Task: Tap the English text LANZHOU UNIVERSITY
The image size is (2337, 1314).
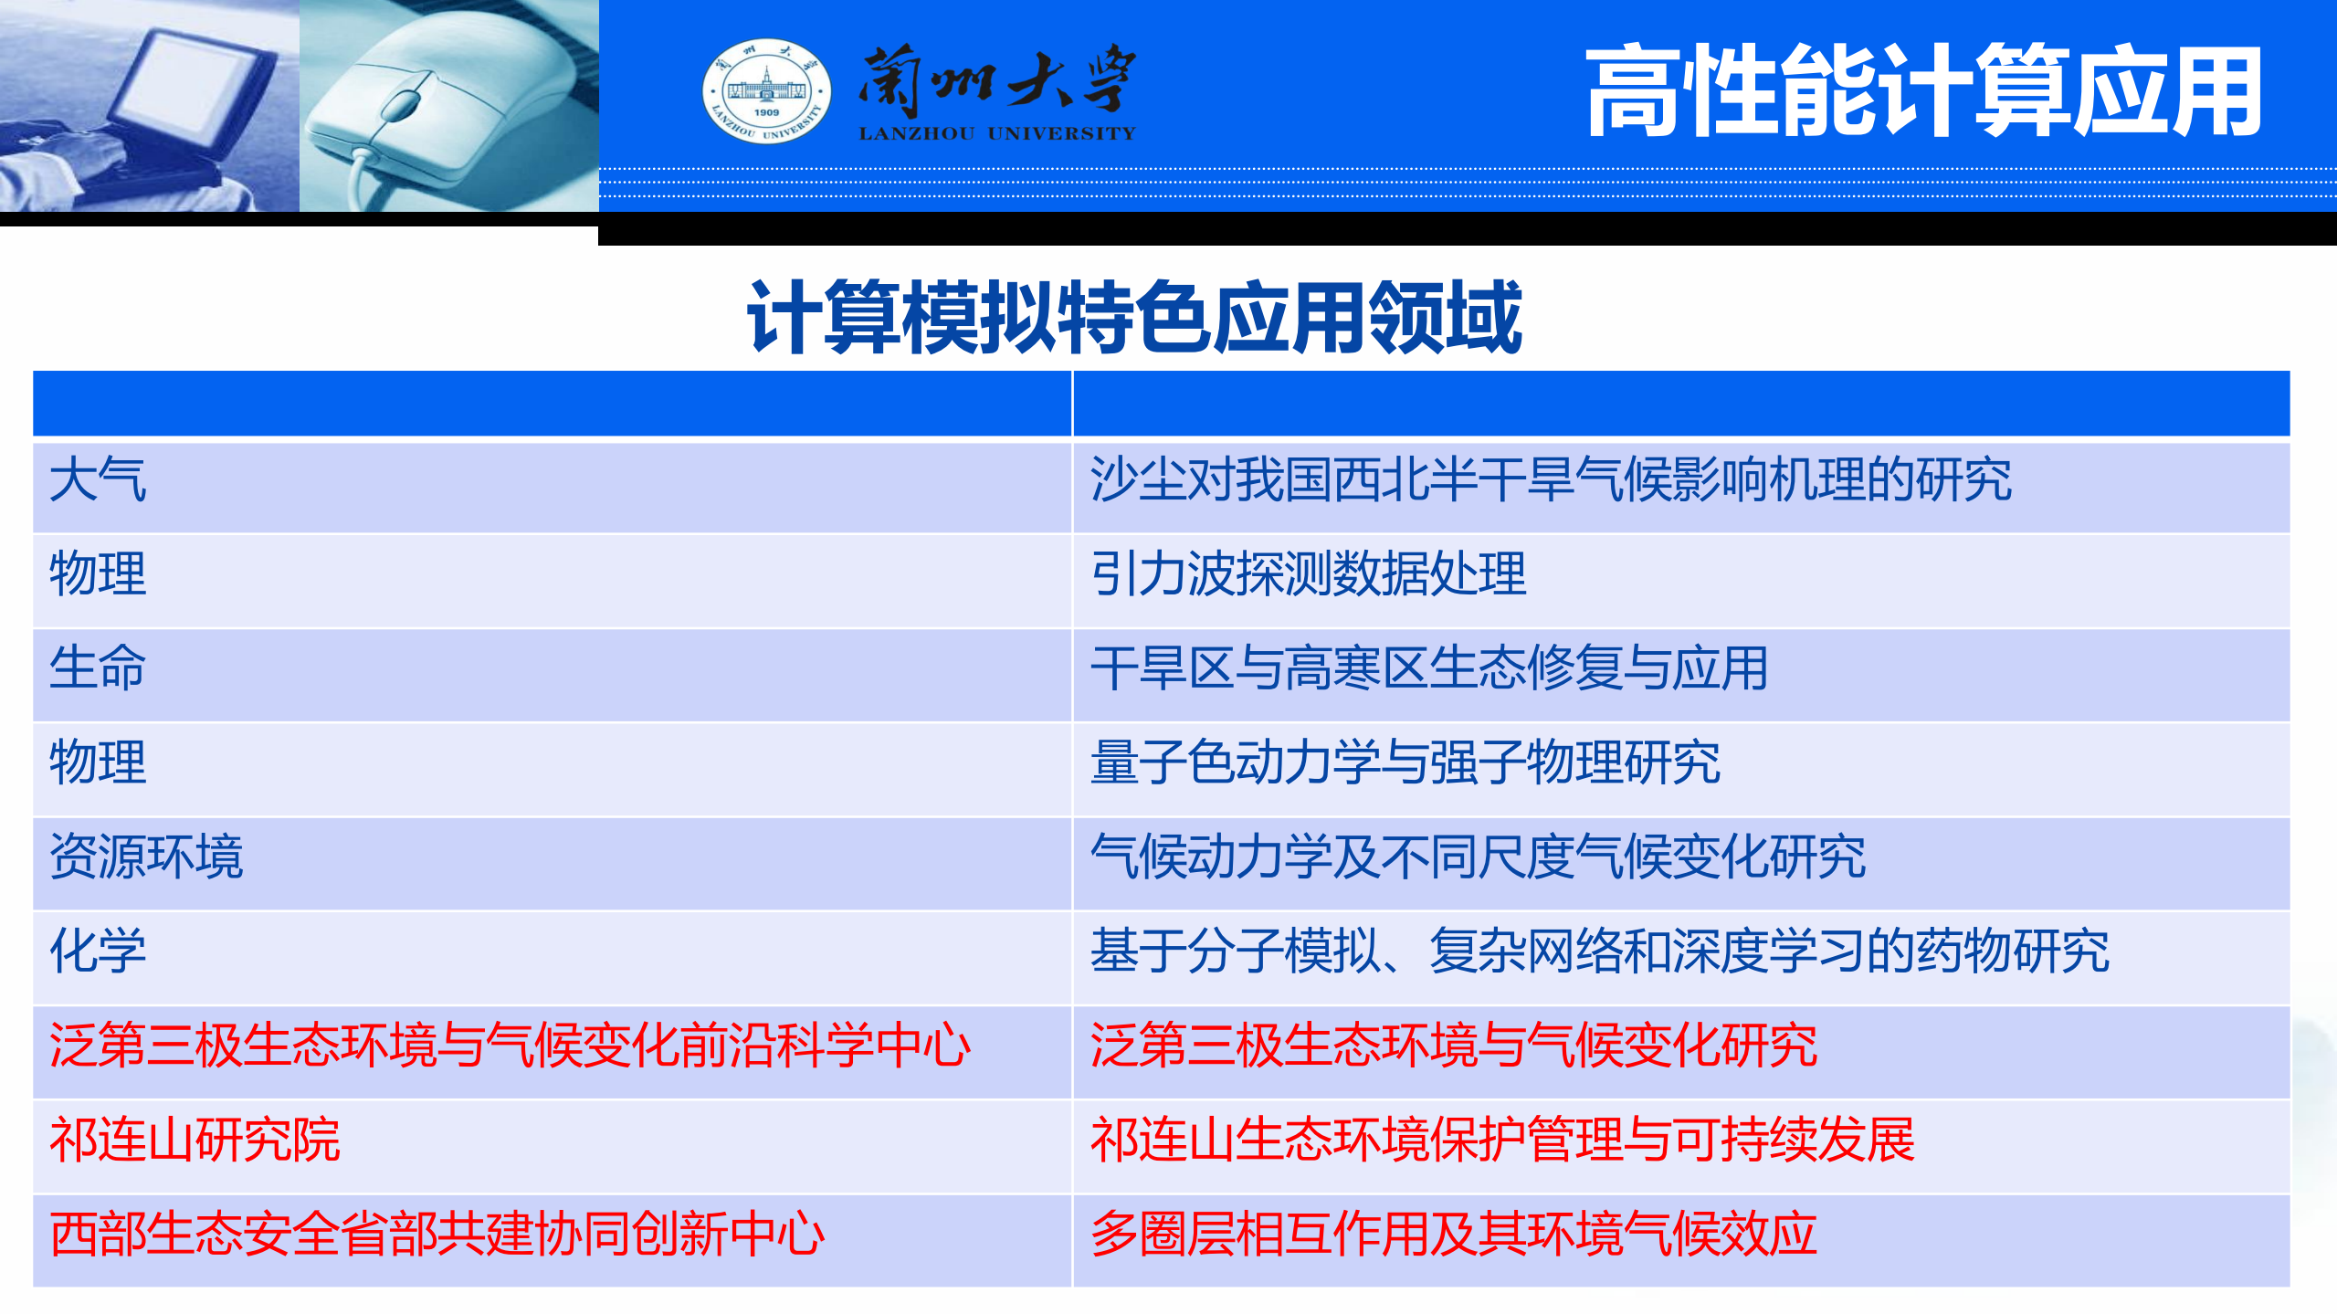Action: tap(997, 133)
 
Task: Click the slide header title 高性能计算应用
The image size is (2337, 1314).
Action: tap(1923, 91)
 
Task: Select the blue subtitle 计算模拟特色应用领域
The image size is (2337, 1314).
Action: tap(1133, 317)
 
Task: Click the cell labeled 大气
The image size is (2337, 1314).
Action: tap(98, 480)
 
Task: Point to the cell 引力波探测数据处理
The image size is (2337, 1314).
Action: tap(1308, 574)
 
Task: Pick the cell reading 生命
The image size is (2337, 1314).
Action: tap(98, 668)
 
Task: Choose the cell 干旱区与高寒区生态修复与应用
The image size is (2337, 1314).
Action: tap(1429, 668)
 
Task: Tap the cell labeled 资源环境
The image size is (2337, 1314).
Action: tap(146, 857)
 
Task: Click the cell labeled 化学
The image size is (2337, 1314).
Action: tap(98, 951)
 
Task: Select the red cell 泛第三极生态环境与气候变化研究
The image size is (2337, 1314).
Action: tap(1453, 1046)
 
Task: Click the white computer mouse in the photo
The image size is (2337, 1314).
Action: tap(438, 100)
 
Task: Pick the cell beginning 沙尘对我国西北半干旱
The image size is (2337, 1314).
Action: tap(1551, 480)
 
